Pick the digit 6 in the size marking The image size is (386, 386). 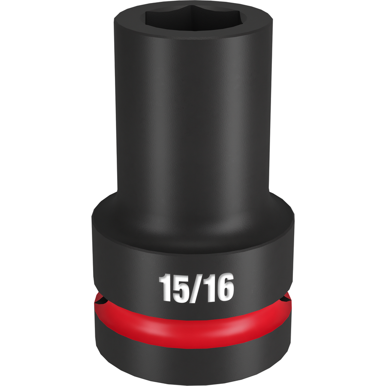pos(224,287)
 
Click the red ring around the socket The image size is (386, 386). pos(193,325)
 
